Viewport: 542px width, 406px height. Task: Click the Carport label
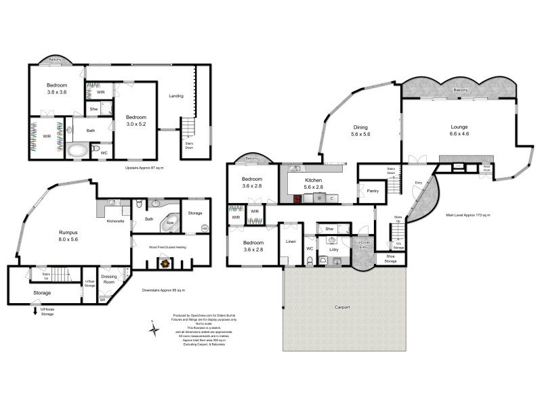[x=343, y=307]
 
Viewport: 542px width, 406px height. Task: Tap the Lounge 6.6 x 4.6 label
[x=459, y=130]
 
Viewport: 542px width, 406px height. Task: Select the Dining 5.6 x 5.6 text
[x=359, y=131]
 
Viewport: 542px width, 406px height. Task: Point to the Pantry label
[x=371, y=191]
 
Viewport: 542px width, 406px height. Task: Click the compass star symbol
[x=154, y=330]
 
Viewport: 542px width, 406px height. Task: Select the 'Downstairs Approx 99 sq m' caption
[x=163, y=290]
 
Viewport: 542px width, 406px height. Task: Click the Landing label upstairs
[x=176, y=96]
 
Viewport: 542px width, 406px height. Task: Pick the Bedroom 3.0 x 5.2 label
[x=135, y=120]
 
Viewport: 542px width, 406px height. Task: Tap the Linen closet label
[x=291, y=242]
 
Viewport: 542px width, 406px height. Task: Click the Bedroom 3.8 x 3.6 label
[x=56, y=88]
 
